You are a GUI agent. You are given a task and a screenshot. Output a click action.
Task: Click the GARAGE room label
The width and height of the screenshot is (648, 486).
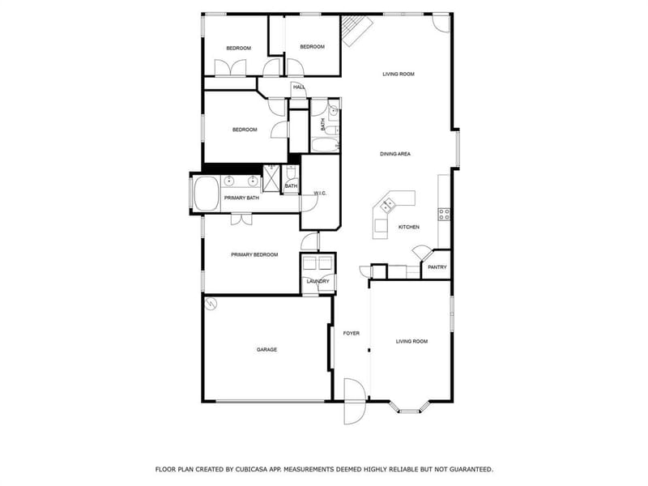[x=266, y=350]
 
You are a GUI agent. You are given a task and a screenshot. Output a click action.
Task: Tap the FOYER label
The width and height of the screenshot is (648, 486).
[x=352, y=333]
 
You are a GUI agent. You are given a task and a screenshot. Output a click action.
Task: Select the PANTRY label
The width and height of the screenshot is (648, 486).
[x=437, y=267]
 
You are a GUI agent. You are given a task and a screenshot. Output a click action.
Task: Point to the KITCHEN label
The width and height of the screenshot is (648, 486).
[x=409, y=227]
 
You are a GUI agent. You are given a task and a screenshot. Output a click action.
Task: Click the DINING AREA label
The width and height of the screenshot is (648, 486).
[x=395, y=154]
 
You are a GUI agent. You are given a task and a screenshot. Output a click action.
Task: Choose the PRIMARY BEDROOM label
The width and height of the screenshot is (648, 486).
[x=254, y=254]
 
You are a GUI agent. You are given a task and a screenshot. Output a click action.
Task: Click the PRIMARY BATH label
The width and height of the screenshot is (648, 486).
[x=241, y=198]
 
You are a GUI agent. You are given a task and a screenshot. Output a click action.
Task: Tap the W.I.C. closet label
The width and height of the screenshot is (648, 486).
[x=320, y=193]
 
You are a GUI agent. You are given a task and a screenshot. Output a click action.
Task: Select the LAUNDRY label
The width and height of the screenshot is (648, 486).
[x=318, y=281]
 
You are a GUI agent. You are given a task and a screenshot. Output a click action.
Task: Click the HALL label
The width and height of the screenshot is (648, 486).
[x=299, y=87]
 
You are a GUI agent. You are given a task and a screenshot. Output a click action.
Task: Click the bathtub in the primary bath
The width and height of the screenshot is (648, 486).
[x=207, y=194]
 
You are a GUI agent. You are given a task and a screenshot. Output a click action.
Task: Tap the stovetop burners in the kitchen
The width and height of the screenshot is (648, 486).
[x=444, y=214]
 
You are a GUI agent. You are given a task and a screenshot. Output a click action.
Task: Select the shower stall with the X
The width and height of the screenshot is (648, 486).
[x=271, y=178]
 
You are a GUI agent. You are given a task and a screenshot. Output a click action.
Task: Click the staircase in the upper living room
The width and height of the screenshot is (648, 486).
[x=356, y=31]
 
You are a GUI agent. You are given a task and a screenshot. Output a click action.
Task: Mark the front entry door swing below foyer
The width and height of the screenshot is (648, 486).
[x=355, y=402]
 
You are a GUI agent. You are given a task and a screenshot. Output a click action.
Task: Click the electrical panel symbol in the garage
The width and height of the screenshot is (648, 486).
[x=211, y=304]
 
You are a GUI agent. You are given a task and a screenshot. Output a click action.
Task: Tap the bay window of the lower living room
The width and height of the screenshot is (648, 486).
[x=409, y=407]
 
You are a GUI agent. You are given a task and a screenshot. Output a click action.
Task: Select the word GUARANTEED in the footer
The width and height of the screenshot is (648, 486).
[x=471, y=470]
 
